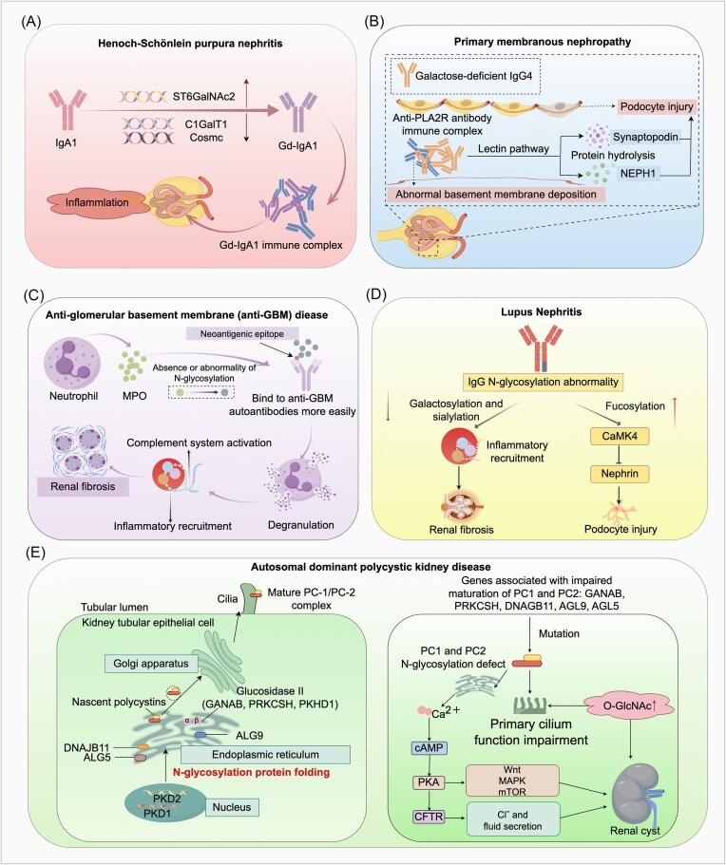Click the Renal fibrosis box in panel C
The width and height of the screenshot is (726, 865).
[73, 461]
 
